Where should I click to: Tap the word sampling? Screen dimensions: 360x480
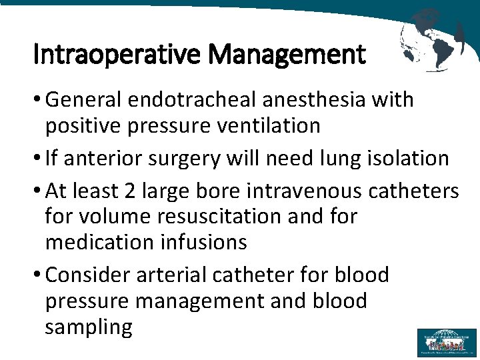tap(89, 327)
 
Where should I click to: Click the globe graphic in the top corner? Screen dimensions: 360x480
tap(433, 40)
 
